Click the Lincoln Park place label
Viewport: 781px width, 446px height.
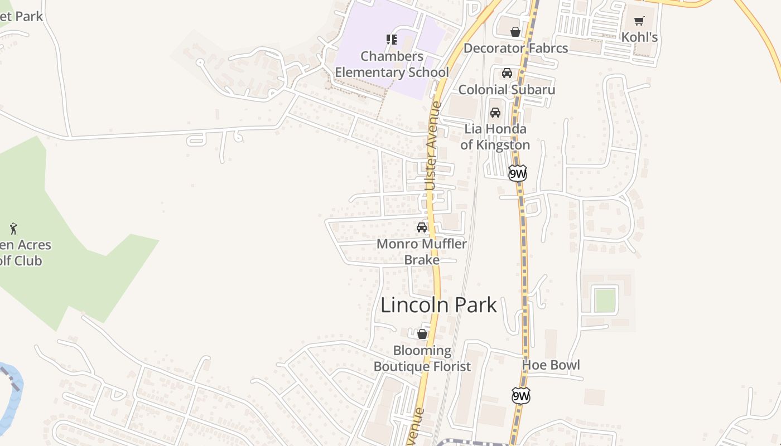click(x=438, y=305)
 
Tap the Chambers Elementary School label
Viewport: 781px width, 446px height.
click(x=392, y=64)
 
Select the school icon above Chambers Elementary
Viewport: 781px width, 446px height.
click(x=392, y=39)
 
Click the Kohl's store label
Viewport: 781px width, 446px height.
click(x=640, y=37)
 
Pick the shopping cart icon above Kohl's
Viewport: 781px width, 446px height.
click(x=639, y=21)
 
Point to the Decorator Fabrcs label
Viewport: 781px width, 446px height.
click(x=515, y=48)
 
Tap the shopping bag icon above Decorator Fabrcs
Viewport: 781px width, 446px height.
click(x=515, y=32)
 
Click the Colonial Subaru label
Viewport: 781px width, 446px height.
click(x=507, y=89)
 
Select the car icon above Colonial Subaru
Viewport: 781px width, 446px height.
click(x=507, y=73)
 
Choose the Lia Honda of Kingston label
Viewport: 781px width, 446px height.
click(x=495, y=137)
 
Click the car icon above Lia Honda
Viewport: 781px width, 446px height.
click(x=495, y=113)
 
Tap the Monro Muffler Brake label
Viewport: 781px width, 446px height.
click(x=422, y=251)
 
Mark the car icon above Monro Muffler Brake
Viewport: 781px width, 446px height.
click(x=422, y=227)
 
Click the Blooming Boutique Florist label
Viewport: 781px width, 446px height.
click(x=422, y=358)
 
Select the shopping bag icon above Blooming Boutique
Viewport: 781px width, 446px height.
click(x=422, y=334)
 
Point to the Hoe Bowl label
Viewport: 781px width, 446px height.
click(x=551, y=365)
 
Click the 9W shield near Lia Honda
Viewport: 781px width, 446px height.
click(x=518, y=173)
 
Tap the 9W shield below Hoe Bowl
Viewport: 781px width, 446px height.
click(x=521, y=396)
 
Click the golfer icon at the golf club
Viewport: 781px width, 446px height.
click(x=14, y=228)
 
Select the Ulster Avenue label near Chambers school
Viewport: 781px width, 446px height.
click(x=432, y=146)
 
